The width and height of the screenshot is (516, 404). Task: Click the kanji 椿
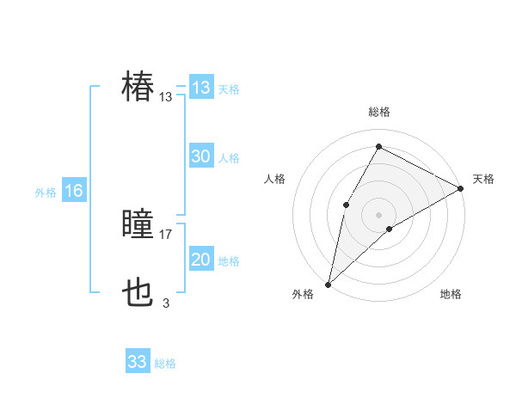click(x=138, y=87)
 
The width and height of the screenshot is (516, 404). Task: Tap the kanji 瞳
click(x=138, y=226)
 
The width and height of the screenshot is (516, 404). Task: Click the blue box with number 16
click(x=73, y=191)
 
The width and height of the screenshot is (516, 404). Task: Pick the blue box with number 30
click(x=201, y=156)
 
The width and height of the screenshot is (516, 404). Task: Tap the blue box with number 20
click(x=201, y=260)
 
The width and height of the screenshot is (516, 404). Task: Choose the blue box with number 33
click(x=138, y=362)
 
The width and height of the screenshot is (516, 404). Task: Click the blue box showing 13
click(x=201, y=88)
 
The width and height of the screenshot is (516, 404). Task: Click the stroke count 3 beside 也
click(x=166, y=303)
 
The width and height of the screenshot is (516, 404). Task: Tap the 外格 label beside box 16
click(x=46, y=193)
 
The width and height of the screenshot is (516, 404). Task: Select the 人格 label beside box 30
click(x=229, y=158)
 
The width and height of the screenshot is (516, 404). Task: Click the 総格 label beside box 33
click(x=165, y=364)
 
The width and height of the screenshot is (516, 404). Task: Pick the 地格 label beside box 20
click(x=229, y=261)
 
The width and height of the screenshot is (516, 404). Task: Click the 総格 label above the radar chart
click(x=378, y=113)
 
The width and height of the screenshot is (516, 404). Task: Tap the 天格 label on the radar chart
click(x=483, y=179)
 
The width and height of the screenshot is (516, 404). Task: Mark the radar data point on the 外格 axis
click(x=328, y=285)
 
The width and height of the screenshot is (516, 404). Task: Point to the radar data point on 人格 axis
click(x=347, y=204)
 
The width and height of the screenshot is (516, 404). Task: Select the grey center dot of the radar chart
click(x=378, y=214)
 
